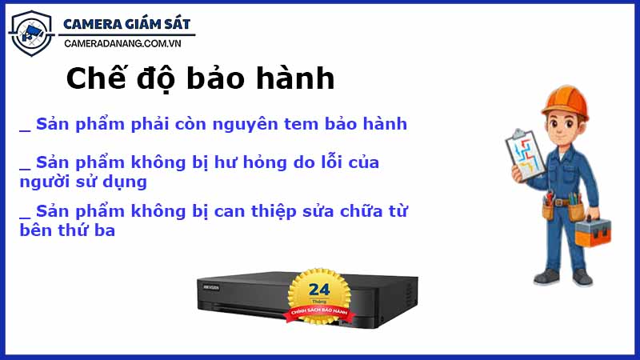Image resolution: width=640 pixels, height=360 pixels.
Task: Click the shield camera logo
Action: [30, 33]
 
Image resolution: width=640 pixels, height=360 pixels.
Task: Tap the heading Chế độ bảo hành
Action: [199, 79]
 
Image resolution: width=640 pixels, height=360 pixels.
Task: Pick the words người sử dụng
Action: [83, 182]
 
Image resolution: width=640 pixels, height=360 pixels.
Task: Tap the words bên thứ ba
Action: [67, 230]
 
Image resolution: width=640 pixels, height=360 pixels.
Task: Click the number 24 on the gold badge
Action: [318, 289]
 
